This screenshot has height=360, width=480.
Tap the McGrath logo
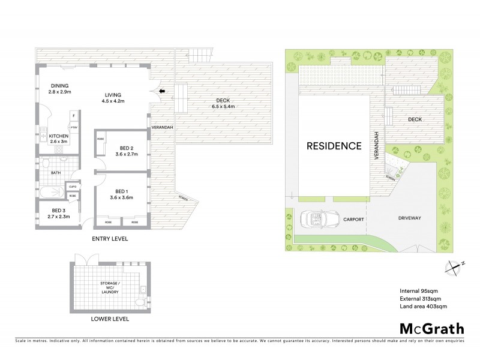tap(431, 328)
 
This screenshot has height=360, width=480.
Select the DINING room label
tap(60, 89)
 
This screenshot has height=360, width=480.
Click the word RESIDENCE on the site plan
tap(334, 146)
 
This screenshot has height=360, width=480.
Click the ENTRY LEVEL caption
tap(110, 238)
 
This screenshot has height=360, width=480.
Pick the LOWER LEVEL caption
tap(109, 319)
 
